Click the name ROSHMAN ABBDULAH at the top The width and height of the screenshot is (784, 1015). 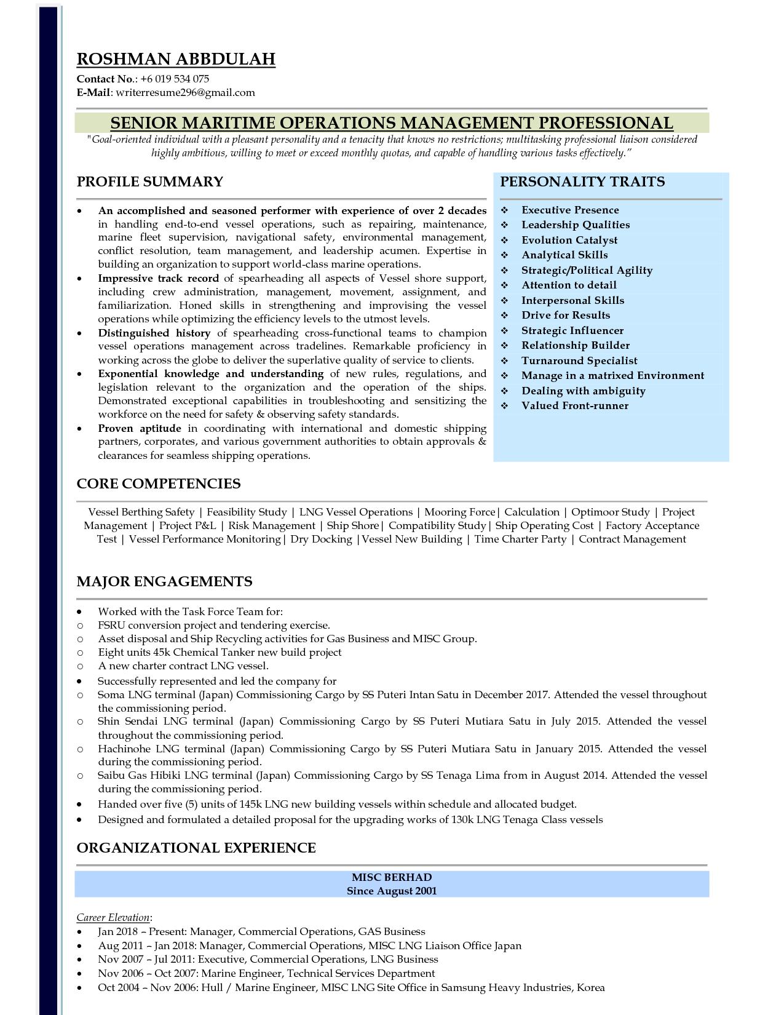pos(176,59)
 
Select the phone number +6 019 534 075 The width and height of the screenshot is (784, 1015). pos(175,79)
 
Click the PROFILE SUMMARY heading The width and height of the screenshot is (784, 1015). pos(149,182)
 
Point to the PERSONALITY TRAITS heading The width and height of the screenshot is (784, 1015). pos(582,182)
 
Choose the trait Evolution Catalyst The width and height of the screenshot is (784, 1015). pos(569,241)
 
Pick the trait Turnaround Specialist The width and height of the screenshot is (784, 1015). pos(579,361)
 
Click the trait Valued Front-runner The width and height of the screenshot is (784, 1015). pos(574,406)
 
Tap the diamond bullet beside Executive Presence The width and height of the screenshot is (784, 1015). pos(505,210)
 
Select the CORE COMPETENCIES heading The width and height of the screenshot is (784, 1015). pos(158,484)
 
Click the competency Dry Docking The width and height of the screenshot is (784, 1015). pos(320,539)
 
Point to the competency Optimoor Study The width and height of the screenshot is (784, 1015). pos(610,512)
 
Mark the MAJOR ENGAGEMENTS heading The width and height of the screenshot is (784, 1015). pos(164,582)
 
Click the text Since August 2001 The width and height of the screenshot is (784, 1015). pos(392,891)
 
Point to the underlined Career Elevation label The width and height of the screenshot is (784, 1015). pos(113,918)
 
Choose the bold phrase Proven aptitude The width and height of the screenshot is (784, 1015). pos(140,429)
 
